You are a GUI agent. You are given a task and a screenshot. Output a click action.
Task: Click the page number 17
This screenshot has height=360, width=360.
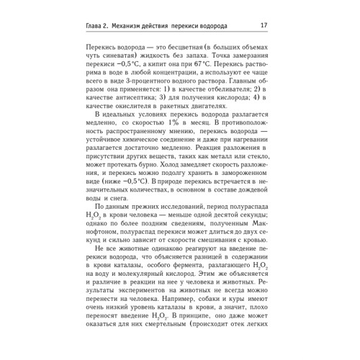click(264, 27)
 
